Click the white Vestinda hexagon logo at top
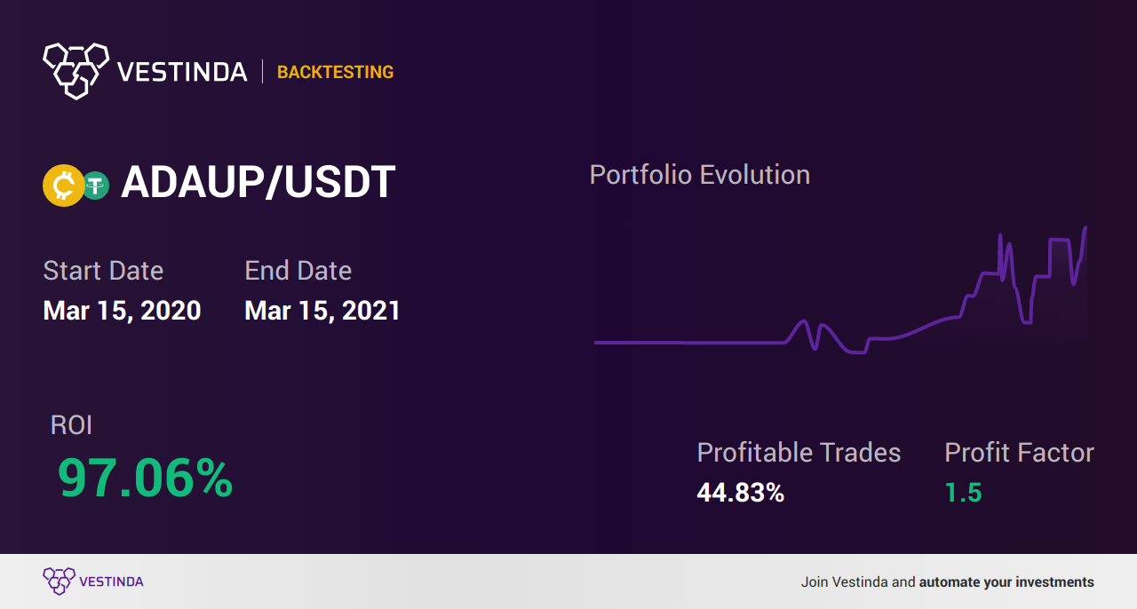pyautogui.click(x=76, y=71)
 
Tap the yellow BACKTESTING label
pyautogui.click(x=335, y=72)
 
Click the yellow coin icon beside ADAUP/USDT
pyautogui.click(x=63, y=186)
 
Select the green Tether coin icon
pyautogui.click(x=96, y=186)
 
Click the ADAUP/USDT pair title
pyautogui.click(x=258, y=182)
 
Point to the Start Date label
pyautogui.click(x=103, y=271)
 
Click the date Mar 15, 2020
pyautogui.click(x=122, y=311)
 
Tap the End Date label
pyautogui.click(x=298, y=271)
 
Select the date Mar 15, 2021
pyautogui.click(x=322, y=311)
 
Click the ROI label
pyautogui.click(x=71, y=425)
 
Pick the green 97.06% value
pyautogui.click(x=145, y=478)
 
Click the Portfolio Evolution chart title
pyautogui.click(x=699, y=175)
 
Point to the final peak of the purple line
pyautogui.click(x=1085, y=228)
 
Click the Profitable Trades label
pyautogui.click(x=799, y=453)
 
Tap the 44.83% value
pyautogui.click(x=741, y=493)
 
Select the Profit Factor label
pyautogui.click(x=1019, y=453)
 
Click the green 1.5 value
pyautogui.click(x=964, y=493)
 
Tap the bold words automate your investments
pyautogui.click(x=1006, y=582)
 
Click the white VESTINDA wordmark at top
pyautogui.click(x=182, y=72)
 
